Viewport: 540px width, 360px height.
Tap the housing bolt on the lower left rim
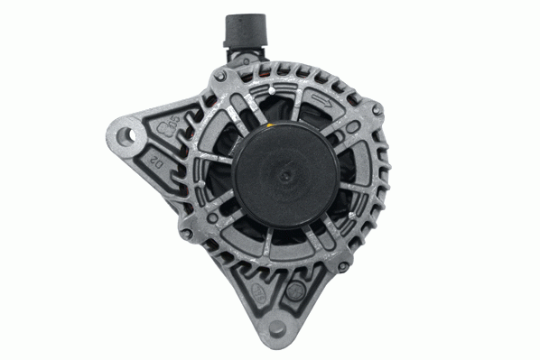(184, 233)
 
